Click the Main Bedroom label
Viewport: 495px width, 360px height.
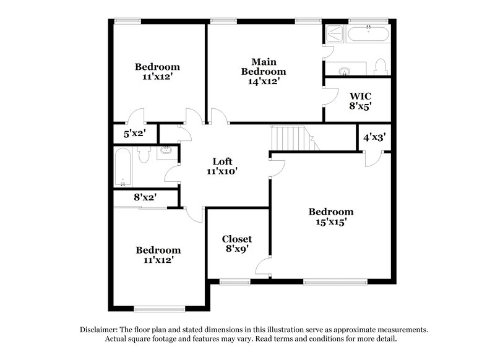pyautogui.click(x=264, y=71)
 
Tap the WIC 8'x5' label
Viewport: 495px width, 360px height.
pyautogui.click(x=360, y=101)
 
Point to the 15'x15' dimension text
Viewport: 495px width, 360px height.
pyautogui.click(x=331, y=222)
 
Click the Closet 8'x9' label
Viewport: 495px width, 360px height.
pyautogui.click(x=236, y=244)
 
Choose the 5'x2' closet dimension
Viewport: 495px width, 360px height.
pyautogui.click(x=134, y=133)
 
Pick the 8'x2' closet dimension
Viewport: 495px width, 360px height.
pyautogui.click(x=145, y=198)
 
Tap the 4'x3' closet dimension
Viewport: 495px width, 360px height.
pyautogui.click(x=374, y=137)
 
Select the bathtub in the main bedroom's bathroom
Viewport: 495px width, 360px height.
pyautogui.click(x=368, y=33)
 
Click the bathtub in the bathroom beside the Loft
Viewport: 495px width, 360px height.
pyautogui.click(x=123, y=166)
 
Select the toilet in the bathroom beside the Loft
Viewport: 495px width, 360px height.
pyautogui.click(x=143, y=155)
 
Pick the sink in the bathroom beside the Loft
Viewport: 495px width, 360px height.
pyautogui.click(x=166, y=150)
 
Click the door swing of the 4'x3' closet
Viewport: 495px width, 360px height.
pyautogui.click(x=371, y=158)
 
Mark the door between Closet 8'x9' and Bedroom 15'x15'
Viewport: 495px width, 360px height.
pyautogui.click(x=262, y=266)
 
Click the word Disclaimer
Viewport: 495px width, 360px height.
pyautogui.click(x=101, y=330)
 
